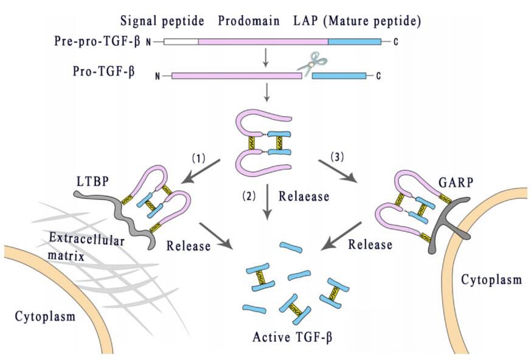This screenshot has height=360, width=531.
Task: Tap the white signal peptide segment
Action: coord(181,41)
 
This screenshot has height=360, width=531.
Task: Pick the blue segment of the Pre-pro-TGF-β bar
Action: coord(354,41)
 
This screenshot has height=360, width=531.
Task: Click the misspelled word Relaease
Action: coord(304,196)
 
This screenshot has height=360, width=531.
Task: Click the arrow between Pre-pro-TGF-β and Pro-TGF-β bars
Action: coord(265,58)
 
